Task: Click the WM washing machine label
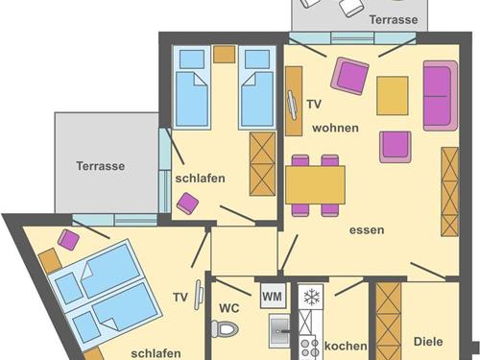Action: coord(273,296)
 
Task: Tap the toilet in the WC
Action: coord(226,328)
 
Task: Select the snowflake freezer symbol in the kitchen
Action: coord(310,297)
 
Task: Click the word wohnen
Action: coord(335,128)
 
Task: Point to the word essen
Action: coord(367,230)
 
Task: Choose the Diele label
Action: coord(428,342)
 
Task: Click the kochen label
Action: coord(346,346)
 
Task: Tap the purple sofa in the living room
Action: coord(441,96)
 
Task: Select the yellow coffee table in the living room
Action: coord(393,96)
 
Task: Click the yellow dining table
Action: coord(315,184)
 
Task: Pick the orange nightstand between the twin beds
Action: coord(225,54)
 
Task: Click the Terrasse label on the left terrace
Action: coord(101,166)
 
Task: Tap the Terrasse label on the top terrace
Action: coord(394,19)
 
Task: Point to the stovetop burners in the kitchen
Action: coord(310,348)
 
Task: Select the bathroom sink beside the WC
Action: coord(278,331)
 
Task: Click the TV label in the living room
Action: coord(314,105)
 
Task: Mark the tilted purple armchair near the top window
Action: coord(349,76)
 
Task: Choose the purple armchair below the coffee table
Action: coord(396,147)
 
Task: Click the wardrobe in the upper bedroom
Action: coord(262,164)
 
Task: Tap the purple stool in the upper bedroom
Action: coord(188,204)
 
